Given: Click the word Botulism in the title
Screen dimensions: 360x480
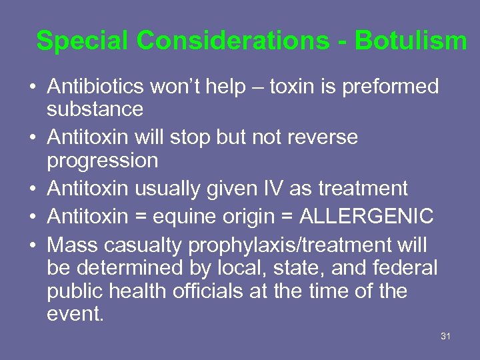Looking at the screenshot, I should pos(411,41).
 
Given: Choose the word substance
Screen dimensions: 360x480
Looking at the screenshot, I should pos(95,109).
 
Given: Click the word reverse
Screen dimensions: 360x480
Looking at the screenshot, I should pos(322,137).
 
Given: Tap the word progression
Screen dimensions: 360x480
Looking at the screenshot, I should pos(102,160).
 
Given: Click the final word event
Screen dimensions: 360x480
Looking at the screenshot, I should pos(75,313).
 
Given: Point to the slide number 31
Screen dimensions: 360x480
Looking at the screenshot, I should pos(446,336).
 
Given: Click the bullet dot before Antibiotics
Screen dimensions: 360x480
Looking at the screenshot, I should pos(32,87).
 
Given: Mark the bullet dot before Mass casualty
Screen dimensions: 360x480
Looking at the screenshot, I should pos(32,246).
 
